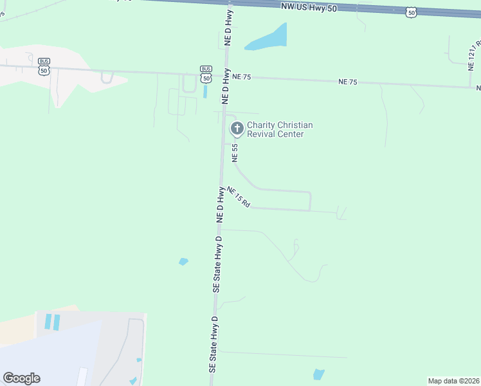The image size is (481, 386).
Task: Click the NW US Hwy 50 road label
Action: point(309,6)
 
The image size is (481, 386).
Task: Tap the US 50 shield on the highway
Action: point(412,12)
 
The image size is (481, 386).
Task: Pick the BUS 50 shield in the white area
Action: point(44,66)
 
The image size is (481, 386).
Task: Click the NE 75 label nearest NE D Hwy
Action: point(241,77)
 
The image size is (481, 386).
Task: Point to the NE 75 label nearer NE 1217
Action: point(348,82)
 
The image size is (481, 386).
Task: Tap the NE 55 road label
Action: point(235,152)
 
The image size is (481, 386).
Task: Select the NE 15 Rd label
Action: point(238,197)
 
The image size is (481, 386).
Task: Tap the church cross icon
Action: point(237,129)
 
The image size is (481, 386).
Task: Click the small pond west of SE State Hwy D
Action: point(183,262)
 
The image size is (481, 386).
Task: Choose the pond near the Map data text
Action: point(318,374)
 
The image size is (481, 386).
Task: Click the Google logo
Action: point(21,378)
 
